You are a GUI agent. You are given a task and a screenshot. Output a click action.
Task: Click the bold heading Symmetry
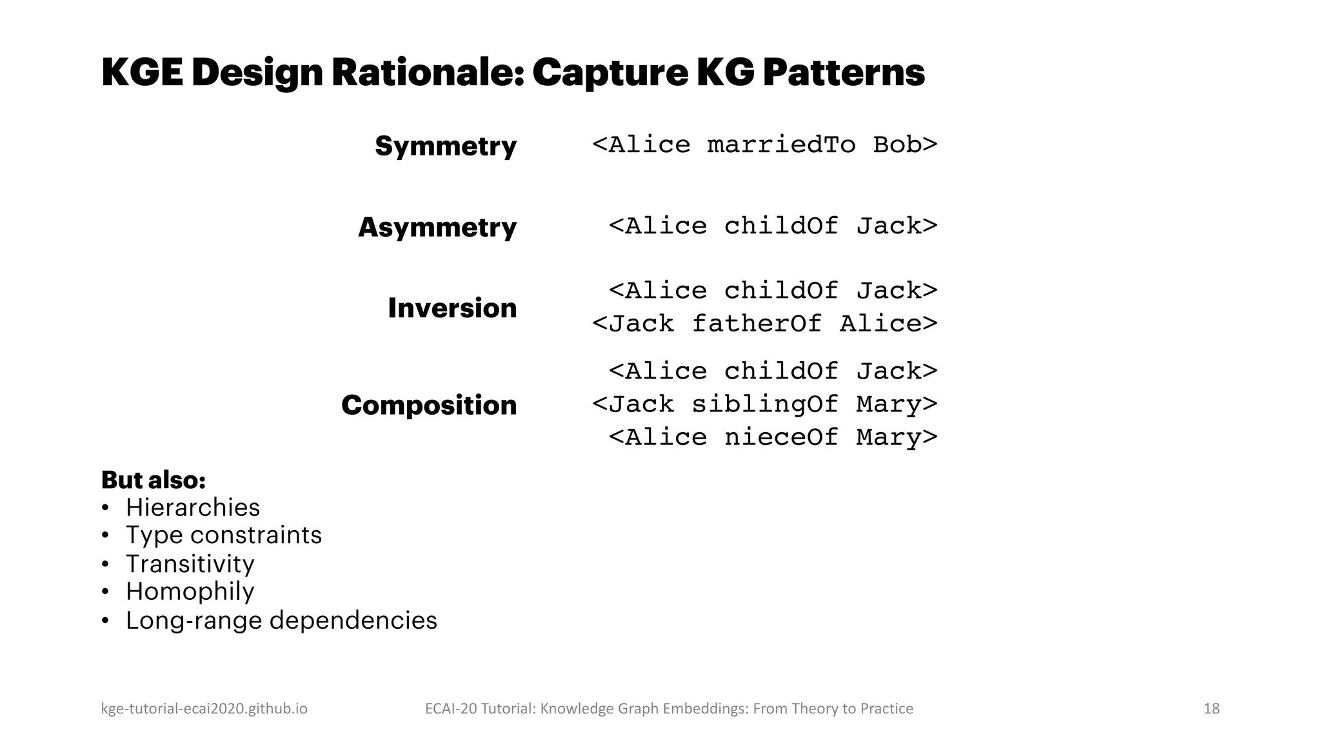(x=446, y=146)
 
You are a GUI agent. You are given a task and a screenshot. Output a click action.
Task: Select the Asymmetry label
(x=437, y=227)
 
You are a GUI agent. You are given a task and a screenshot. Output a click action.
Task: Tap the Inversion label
(x=452, y=308)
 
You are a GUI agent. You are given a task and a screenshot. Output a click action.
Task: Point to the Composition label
(x=429, y=405)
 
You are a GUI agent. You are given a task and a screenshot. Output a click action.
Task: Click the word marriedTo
(x=781, y=144)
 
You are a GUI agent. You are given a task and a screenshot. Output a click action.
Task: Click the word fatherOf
(x=757, y=323)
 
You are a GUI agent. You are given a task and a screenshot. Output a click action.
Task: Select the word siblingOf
(x=765, y=404)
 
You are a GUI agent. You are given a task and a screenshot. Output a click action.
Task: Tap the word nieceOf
(x=781, y=437)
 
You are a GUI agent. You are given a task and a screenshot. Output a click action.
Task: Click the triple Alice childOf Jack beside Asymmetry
(x=773, y=226)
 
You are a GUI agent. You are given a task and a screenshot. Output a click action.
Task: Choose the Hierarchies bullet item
(x=192, y=508)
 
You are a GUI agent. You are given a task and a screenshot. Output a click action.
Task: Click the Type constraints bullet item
(x=223, y=535)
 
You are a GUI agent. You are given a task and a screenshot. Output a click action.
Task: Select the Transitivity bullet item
(x=190, y=564)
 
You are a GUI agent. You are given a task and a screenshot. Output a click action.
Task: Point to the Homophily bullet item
(x=190, y=591)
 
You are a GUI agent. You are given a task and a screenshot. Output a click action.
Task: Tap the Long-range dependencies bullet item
(x=281, y=620)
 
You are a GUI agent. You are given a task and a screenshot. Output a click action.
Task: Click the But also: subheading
(x=154, y=480)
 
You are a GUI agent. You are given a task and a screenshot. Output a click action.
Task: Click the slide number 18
(x=1211, y=709)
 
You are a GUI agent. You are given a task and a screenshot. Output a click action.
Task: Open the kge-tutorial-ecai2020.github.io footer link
(x=204, y=709)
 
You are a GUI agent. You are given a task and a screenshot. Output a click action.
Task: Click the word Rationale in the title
(x=426, y=72)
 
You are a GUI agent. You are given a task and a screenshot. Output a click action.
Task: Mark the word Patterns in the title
(x=844, y=72)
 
